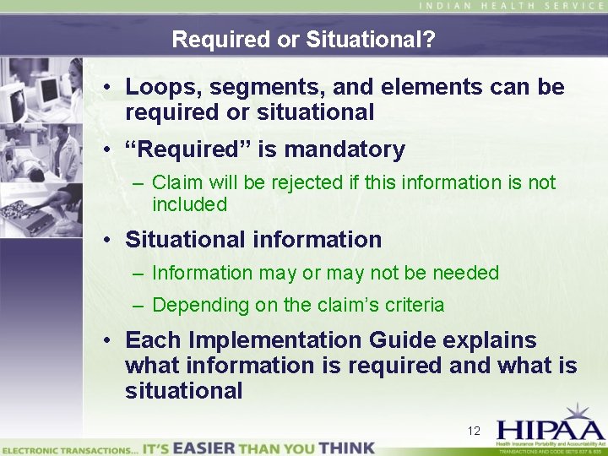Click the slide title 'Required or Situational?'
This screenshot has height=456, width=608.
(x=303, y=40)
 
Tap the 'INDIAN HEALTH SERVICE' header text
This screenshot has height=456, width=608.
(x=512, y=6)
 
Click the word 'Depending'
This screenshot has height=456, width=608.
(x=193, y=306)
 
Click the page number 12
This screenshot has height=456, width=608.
(x=474, y=432)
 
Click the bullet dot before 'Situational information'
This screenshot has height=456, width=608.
(x=111, y=240)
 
